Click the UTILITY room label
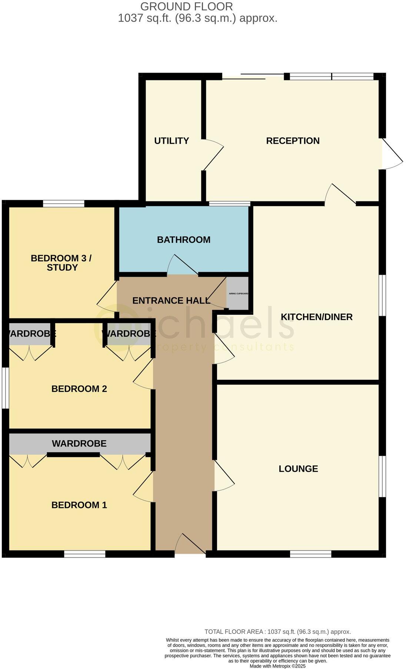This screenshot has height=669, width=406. [x=172, y=141]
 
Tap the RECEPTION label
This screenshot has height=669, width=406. [x=293, y=141]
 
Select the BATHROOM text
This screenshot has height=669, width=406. [x=183, y=240]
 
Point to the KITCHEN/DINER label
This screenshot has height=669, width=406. [x=316, y=317]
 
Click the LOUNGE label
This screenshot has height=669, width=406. [x=298, y=469]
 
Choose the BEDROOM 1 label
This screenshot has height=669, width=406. [x=79, y=505]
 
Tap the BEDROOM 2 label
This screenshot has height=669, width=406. [x=79, y=389]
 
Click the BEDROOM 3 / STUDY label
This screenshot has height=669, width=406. [x=61, y=263]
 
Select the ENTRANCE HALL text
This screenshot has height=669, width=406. [x=171, y=301]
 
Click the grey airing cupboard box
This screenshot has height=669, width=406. [x=237, y=293]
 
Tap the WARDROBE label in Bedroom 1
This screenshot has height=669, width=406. [x=79, y=444]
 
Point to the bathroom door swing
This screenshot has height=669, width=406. [x=182, y=265]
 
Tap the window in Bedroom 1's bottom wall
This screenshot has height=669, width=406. [x=84, y=554]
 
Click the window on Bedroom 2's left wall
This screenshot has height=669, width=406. [x=5, y=388]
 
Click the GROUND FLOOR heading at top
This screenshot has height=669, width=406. [x=187, y=6]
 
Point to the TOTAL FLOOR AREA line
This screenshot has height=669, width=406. [x=277, y=632]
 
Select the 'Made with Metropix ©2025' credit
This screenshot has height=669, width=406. [x=277, y=666]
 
